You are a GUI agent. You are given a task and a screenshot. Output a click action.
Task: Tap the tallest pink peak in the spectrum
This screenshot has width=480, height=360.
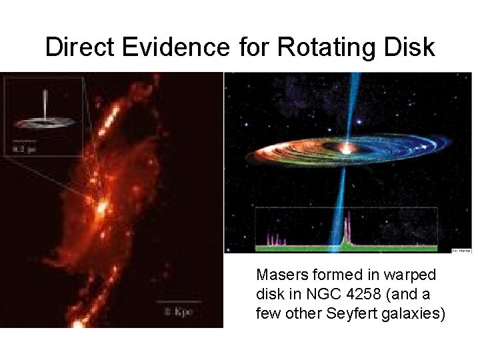[x=345, y=233]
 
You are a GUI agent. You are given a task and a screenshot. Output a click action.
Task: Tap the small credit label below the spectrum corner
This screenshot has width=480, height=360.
[x=461, y=251]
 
